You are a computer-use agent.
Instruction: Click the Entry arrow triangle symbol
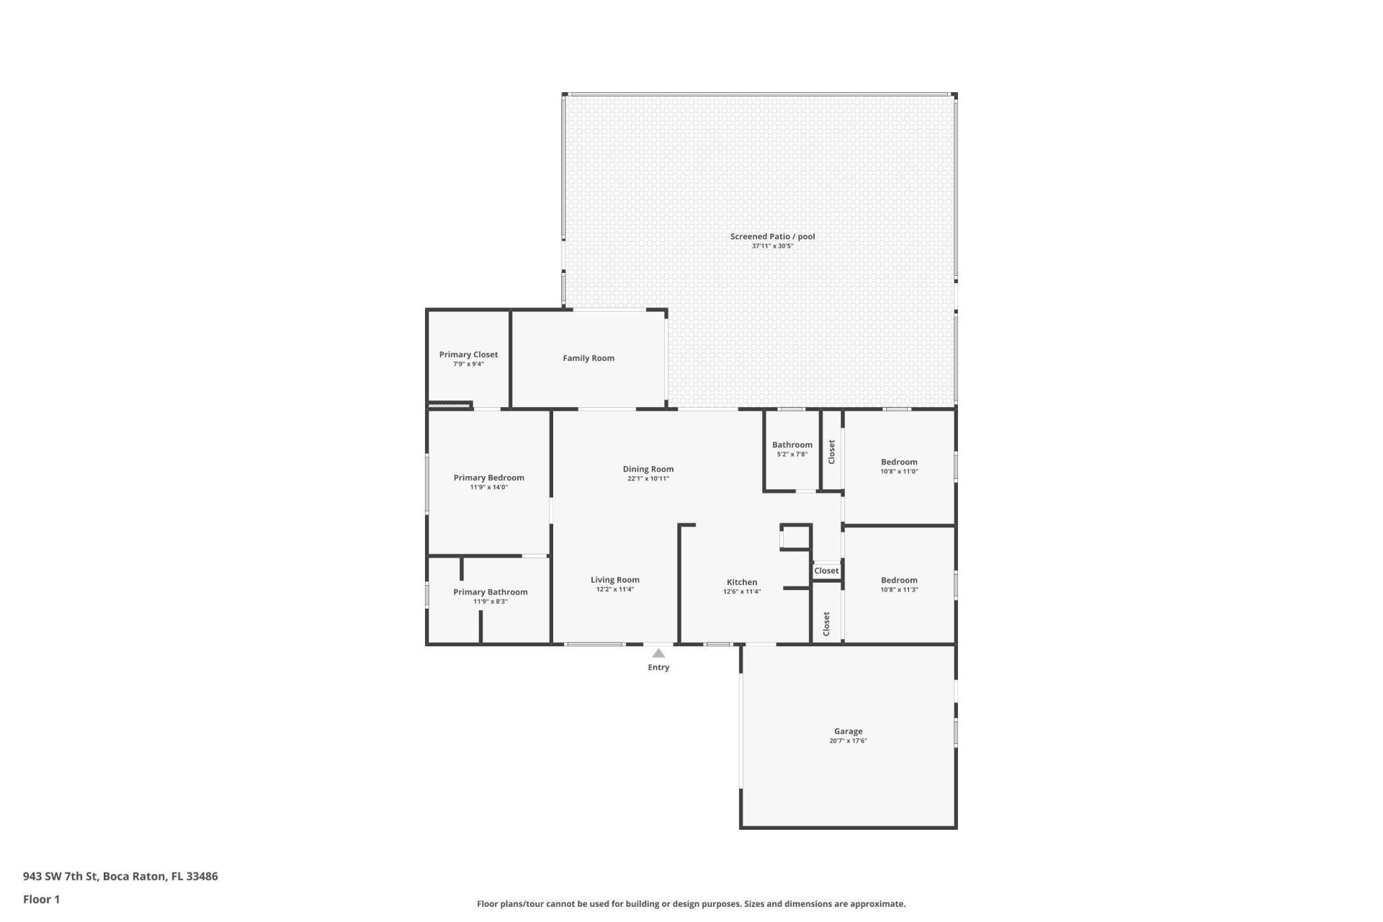(658, 653)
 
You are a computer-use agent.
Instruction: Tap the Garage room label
(848, 731)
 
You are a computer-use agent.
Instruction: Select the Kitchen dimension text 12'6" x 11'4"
(742, 592)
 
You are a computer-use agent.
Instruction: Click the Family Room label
(588, 358)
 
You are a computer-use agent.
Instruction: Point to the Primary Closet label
(468, 354)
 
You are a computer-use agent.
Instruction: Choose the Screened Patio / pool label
(772, 236)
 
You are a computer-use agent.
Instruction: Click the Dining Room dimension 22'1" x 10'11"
(648, 479)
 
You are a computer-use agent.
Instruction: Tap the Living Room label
(614, 580)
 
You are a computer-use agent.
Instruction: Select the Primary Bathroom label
(490, 592)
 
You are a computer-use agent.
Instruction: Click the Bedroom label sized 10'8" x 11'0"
(899, 462)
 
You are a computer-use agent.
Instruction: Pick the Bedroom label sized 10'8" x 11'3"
(899, 581)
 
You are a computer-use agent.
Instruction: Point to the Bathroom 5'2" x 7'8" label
(792, 445)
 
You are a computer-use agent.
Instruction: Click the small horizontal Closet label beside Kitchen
(826, 571)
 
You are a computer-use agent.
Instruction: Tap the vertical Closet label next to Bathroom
(831, 452)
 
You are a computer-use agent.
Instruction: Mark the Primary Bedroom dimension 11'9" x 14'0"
(489, 488)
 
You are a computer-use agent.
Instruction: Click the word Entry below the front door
(658, 668)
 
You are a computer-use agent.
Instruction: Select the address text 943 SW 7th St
(61, 877)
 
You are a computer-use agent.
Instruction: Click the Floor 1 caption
(41, 899)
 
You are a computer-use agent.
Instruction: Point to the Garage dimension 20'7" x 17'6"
(848, 741)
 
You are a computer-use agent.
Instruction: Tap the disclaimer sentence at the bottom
(691, 904)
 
